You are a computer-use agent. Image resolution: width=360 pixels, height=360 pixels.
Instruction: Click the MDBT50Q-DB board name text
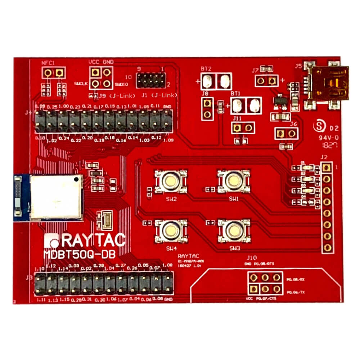(79, 254)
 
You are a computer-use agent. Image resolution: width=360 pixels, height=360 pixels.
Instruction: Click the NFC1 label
(48, 63)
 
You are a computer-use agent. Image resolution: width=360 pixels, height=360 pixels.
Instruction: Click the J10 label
(252, 258)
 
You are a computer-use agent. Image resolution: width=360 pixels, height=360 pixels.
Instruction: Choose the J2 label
(324, 157)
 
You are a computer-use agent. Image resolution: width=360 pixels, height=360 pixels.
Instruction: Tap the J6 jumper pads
(287, 134)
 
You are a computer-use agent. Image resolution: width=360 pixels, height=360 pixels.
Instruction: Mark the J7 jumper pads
(266, 80)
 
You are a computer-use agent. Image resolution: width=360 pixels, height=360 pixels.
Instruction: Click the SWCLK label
(80, 84)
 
